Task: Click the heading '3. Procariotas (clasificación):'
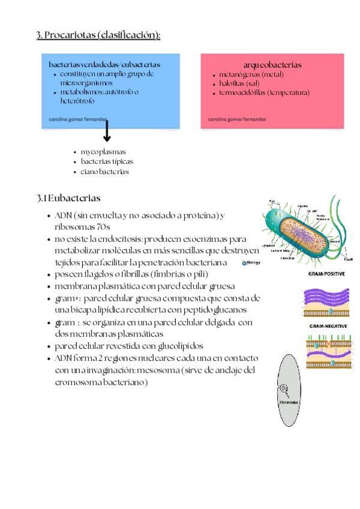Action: tap(98, 35)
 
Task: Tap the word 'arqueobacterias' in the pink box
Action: tap(272, 64)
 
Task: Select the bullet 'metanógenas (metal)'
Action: tap(247, 74)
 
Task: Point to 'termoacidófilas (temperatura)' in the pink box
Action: tap(264, 92)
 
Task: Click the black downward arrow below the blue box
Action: tap(107, 131)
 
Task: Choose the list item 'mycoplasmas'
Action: tap(103, 152)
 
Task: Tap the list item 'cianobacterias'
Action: tap(105, 172)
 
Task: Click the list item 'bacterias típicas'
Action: tap(107, 161)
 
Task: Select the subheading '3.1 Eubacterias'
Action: tap(68, 198)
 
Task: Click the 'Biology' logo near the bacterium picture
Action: tap(251, 263)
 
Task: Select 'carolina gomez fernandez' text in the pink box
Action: tap(237, 119)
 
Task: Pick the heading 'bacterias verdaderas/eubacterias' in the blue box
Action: tap(104, 64)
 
